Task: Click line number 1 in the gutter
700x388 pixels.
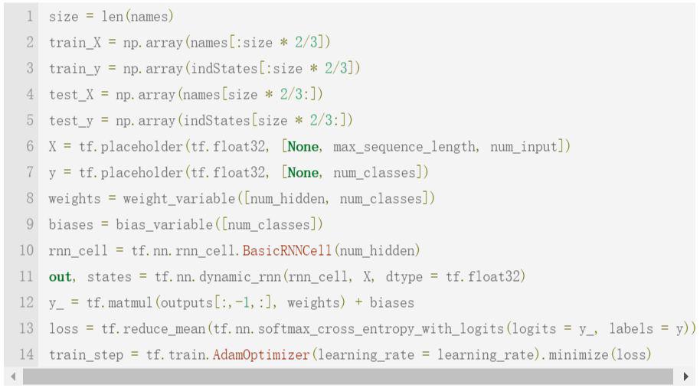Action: pos(30,17)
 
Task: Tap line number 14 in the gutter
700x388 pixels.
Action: pos(26,354)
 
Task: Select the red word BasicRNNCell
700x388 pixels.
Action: pos(287,251)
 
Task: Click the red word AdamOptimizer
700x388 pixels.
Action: pos(261,354)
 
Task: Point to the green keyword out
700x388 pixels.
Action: pos(61,277)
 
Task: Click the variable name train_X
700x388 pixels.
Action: pos(75,43)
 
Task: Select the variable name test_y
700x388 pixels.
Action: pos(71,121)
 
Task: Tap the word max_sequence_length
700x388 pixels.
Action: pos(404,147)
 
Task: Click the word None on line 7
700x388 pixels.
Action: pos(303,173)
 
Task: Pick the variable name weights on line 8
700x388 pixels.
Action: pos(74,199)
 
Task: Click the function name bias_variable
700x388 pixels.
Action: pos(165,225)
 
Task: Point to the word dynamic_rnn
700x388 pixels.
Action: pos(240,277)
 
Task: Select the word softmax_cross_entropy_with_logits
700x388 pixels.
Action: pos(381,329)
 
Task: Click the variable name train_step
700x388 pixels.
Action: pos(86,355)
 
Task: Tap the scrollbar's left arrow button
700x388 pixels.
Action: pos(13,377)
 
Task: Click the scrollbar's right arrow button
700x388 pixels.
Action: pos(685,377)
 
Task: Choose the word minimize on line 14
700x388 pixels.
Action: pos(578,354)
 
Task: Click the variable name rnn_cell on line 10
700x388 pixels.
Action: pos(78,251)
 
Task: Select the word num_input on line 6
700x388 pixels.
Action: pos(524,147)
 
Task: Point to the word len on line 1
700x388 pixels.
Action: pos(112,17)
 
